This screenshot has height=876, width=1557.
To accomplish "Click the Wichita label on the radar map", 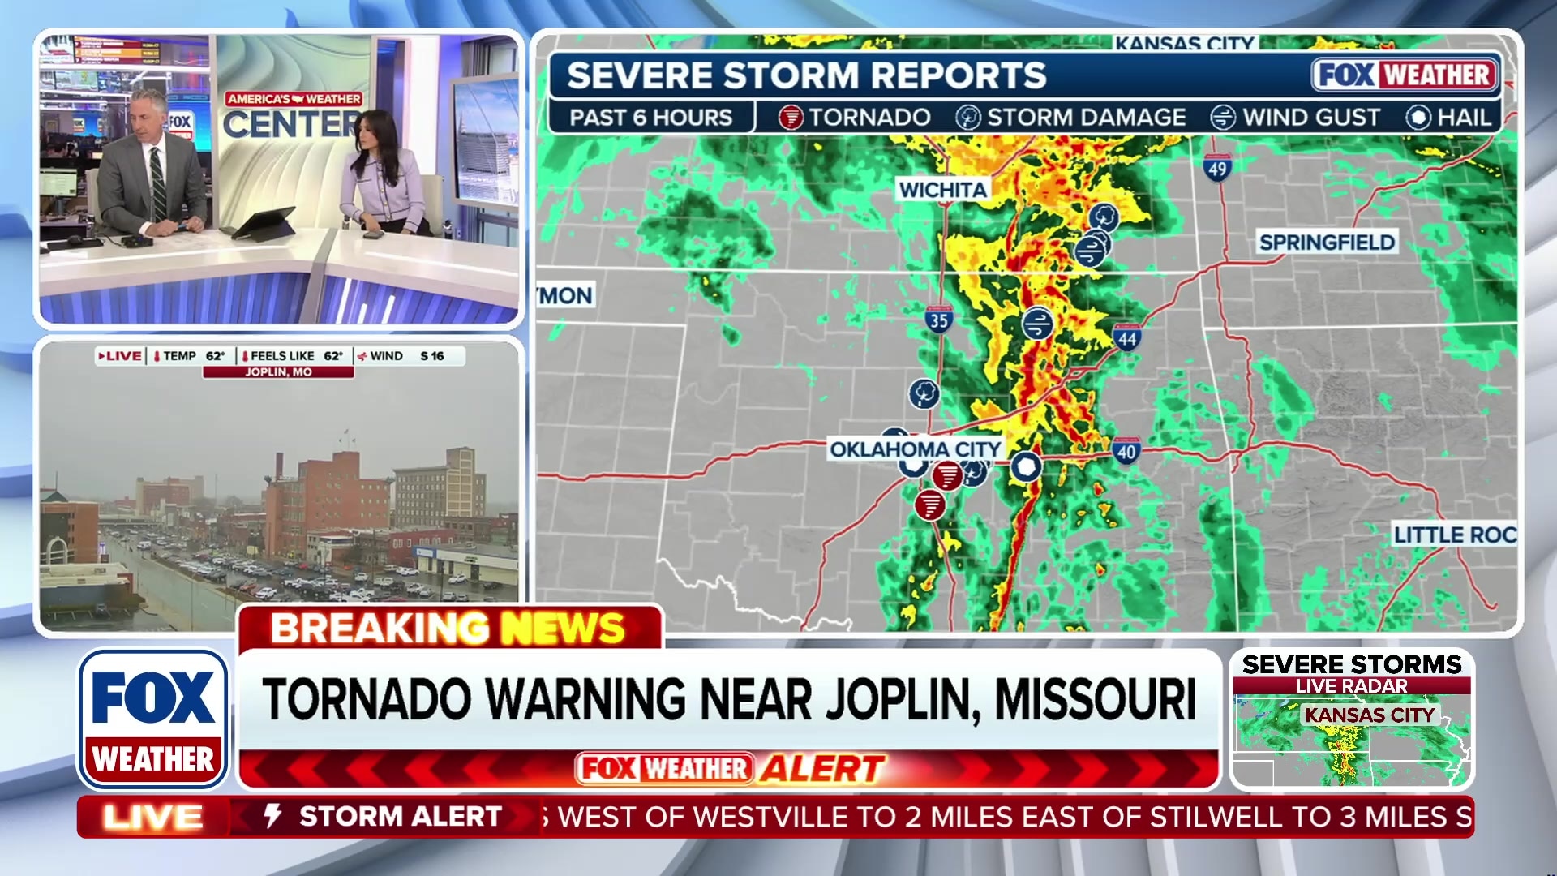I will [942, 190].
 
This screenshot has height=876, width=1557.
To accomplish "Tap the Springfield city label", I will [1327, 242].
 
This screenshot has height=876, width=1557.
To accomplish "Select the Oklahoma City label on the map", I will [915, 449].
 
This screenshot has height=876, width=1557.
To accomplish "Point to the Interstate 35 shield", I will [938, 319].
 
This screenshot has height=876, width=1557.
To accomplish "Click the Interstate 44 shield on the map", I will [1127, 337].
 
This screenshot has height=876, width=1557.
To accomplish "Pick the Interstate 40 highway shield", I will [1126, 451].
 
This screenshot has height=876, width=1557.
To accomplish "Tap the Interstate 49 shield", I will [1216, 168].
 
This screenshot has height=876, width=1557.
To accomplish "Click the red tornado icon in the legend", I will [790, 118].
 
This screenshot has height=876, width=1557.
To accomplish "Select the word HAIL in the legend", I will [1464, 118].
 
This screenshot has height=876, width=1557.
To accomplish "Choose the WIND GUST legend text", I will [1310, 118].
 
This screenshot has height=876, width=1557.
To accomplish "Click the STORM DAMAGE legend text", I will [1086, 118].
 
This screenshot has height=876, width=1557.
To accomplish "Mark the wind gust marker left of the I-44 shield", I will [1037, 324].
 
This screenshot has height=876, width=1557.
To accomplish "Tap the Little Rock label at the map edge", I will [1455, 535].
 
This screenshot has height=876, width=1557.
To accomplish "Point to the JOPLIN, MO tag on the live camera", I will [278, 372].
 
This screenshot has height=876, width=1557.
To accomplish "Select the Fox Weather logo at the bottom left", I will [152, 719].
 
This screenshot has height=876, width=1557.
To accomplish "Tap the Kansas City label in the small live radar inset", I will [1370, 715].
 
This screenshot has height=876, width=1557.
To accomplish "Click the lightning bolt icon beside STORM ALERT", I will [273, 816].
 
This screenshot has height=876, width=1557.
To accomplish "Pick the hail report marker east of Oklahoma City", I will [1026, 467].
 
